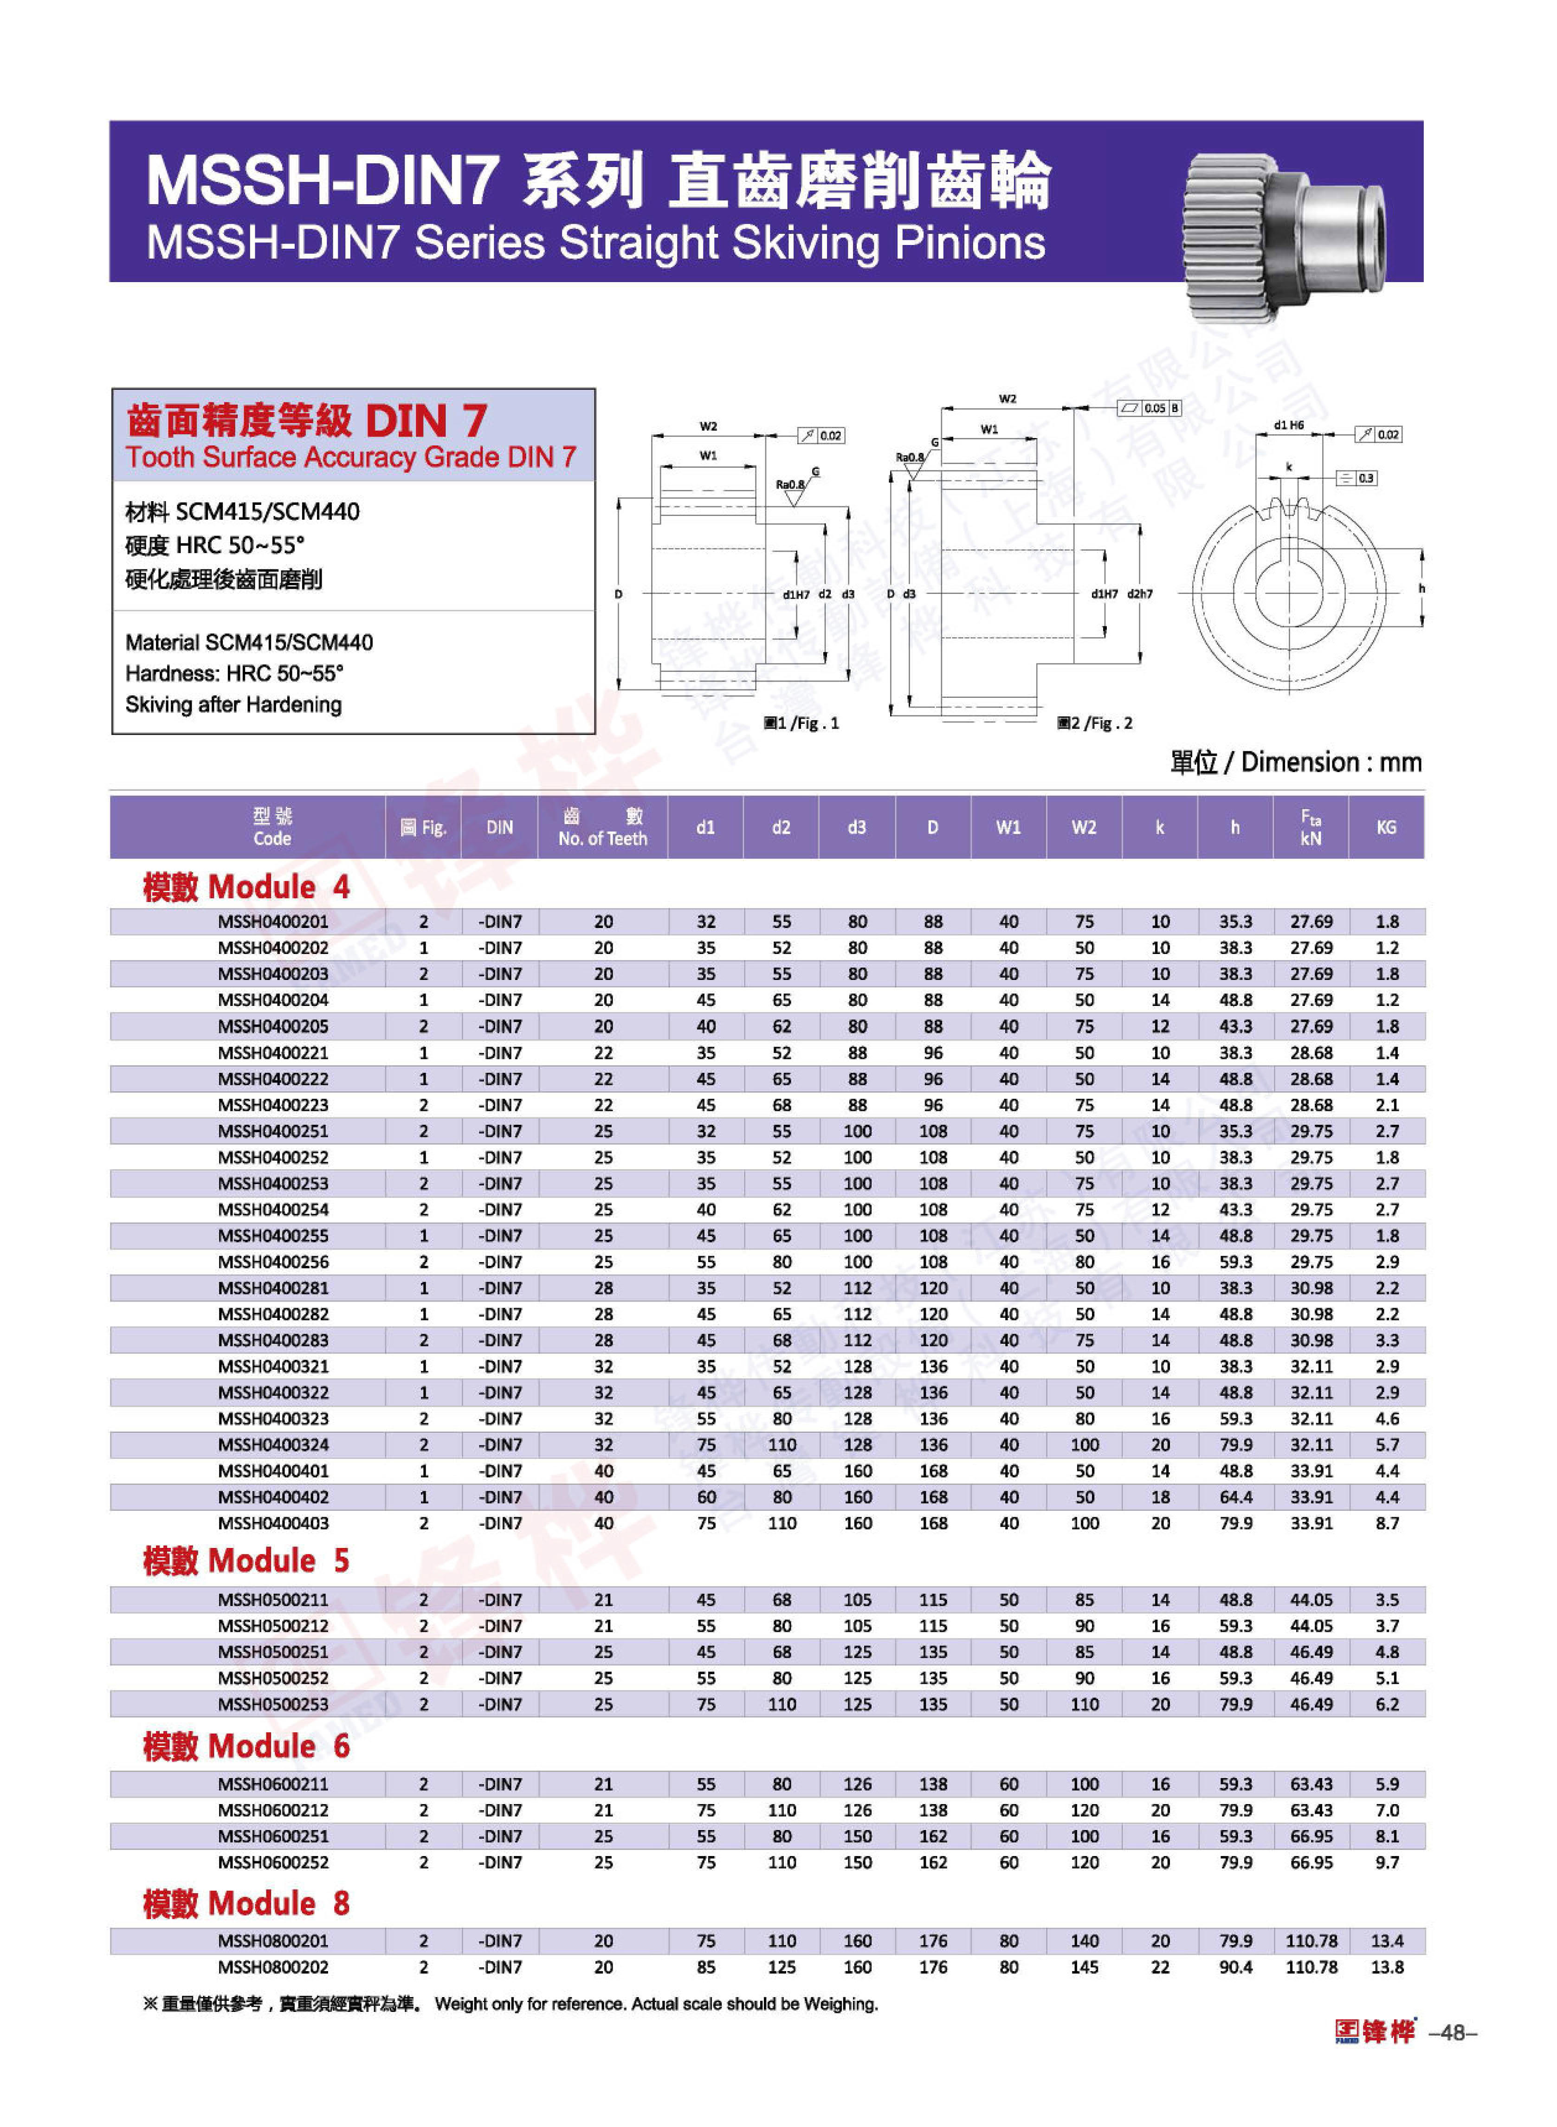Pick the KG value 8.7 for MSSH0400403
tap(1386, 1523)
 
